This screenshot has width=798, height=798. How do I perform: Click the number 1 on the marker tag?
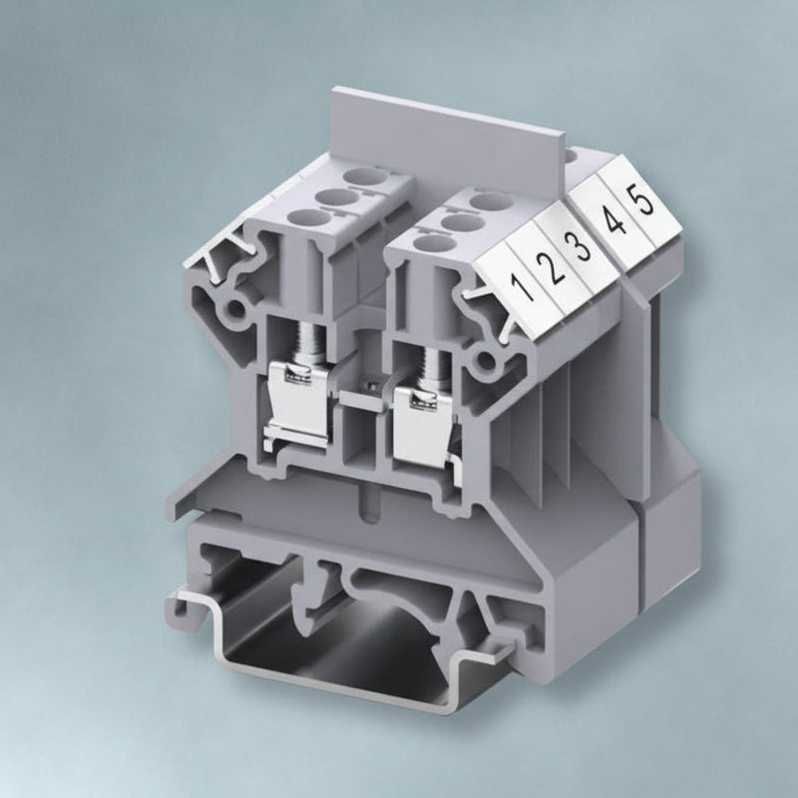pyautogui.click(x=522, y=285)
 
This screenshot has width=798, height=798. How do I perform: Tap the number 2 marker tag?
pyautogui.click(x=548, y=265)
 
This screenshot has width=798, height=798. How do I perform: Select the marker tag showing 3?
pyautogui.click(x=580, y=243)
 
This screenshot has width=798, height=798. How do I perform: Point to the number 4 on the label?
pyautogui.click(x=615, y=220)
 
